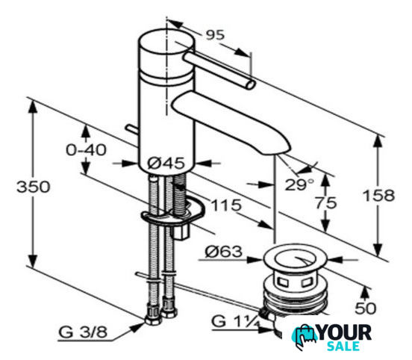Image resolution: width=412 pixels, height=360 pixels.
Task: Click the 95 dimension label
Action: click(216, 35)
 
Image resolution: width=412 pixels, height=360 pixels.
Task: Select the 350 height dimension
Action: click(33, 187)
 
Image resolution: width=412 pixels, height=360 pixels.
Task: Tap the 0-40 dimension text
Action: click(86, 150)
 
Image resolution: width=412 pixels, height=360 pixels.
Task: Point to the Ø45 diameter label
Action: click(166, 163)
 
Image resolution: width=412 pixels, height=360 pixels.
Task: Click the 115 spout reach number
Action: click(226, 205)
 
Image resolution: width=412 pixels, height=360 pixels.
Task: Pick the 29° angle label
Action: click(299, 184)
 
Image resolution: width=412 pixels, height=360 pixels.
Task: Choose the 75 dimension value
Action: click(326, 203)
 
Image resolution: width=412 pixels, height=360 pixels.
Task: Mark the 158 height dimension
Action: click(378, 196)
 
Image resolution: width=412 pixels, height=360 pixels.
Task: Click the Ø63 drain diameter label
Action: click(224, 252)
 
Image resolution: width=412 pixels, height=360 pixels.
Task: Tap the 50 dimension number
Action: click(366, 308)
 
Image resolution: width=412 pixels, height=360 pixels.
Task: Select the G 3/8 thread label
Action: click(83, 332)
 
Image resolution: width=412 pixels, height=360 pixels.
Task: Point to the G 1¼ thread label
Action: click(236, 321)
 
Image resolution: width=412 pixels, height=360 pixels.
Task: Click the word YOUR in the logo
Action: click(345, 332)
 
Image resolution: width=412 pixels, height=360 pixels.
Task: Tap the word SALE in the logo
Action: click(343, 346)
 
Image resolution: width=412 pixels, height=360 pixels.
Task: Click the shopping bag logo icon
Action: click(305, 337)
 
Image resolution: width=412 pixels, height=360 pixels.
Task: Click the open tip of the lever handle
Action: click(251, 85)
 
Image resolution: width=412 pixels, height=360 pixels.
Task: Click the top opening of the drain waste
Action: click(295, 258)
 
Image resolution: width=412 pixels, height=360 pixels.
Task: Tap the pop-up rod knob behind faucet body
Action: click(132, 129)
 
